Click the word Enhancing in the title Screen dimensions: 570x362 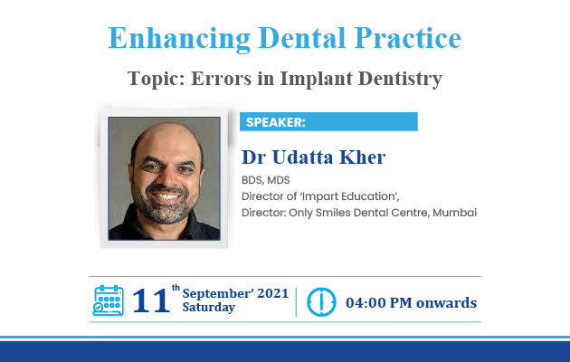179,39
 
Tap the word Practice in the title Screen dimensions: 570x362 407,38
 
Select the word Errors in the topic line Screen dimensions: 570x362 221,78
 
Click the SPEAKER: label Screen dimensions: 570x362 276,122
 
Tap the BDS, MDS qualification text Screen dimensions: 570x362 266,180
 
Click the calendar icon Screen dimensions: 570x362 109,300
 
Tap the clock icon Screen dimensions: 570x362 321,302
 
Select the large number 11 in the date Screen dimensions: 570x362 151,300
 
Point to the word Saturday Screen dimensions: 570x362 209,308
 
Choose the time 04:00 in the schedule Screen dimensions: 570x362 366,303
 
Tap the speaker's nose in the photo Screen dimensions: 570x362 166,179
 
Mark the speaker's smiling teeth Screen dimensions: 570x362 166,196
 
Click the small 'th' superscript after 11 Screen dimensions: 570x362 176,288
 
